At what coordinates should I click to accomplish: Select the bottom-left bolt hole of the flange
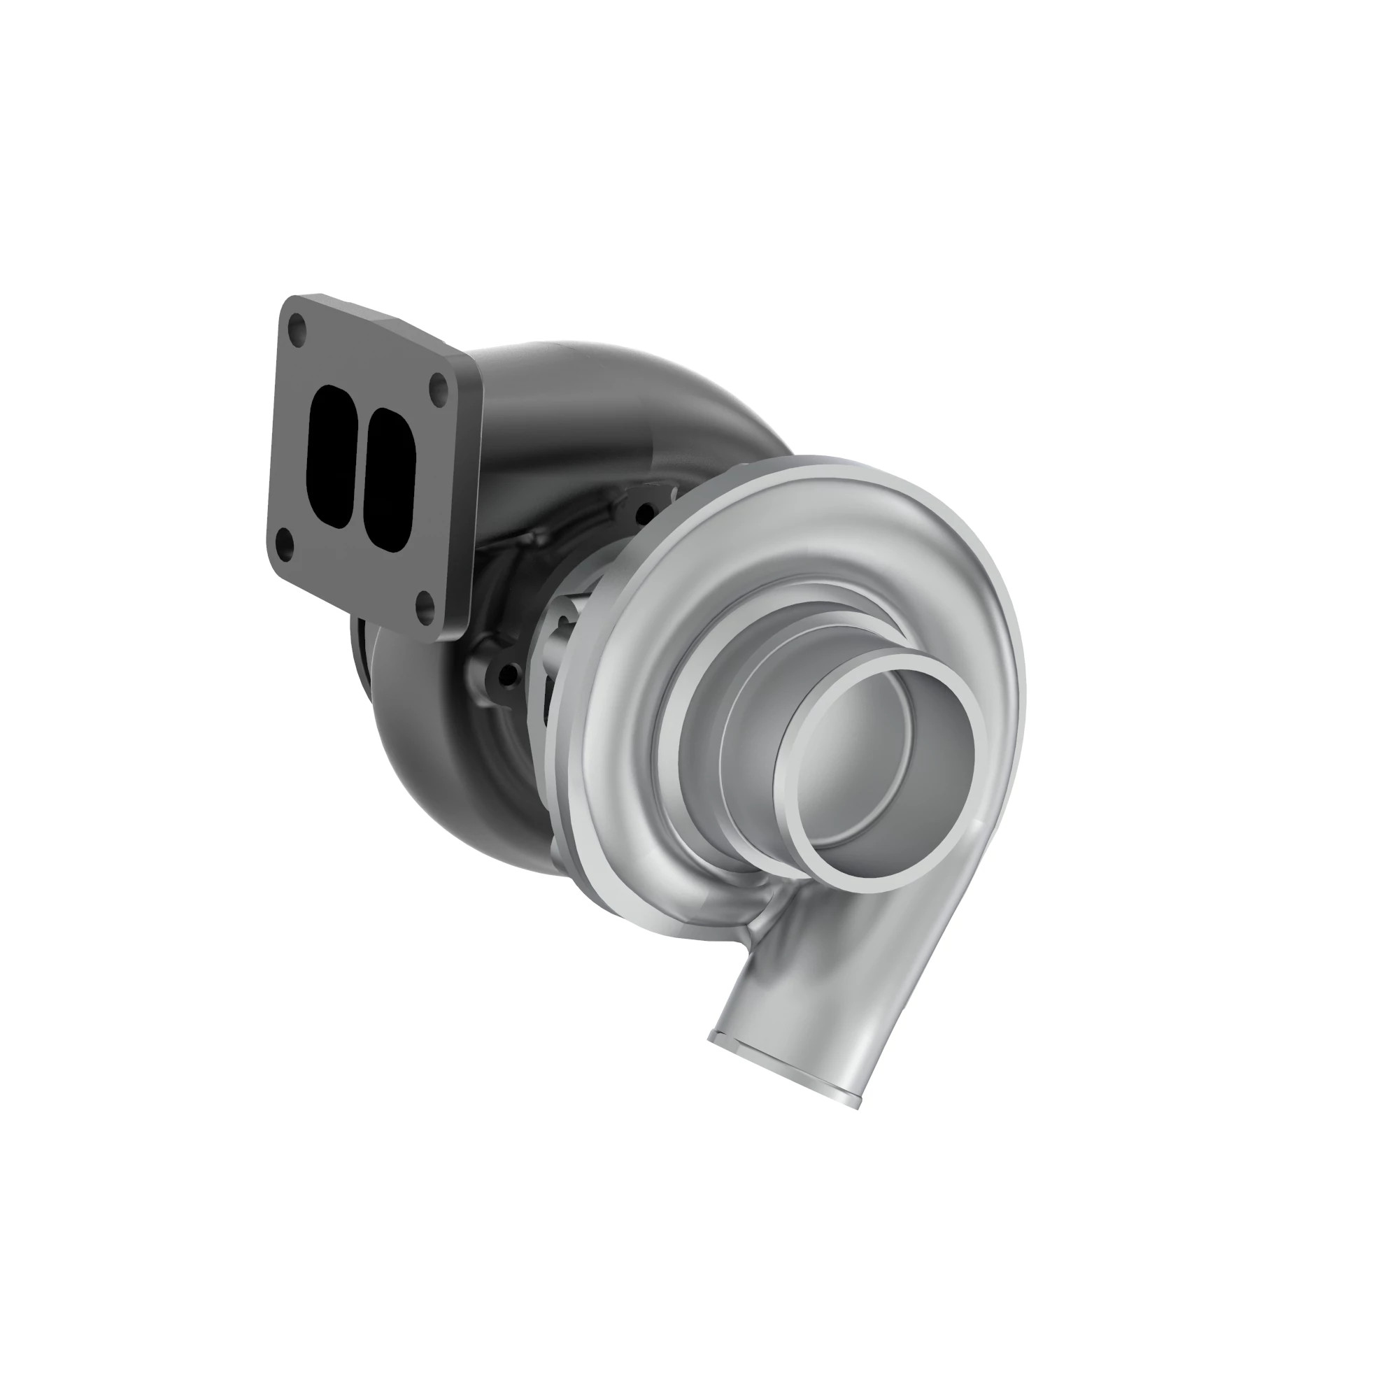(x=287, y=541)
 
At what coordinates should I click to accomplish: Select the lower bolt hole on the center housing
(x=511, y=677)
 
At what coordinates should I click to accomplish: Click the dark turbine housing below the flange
(x=434, y=760)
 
